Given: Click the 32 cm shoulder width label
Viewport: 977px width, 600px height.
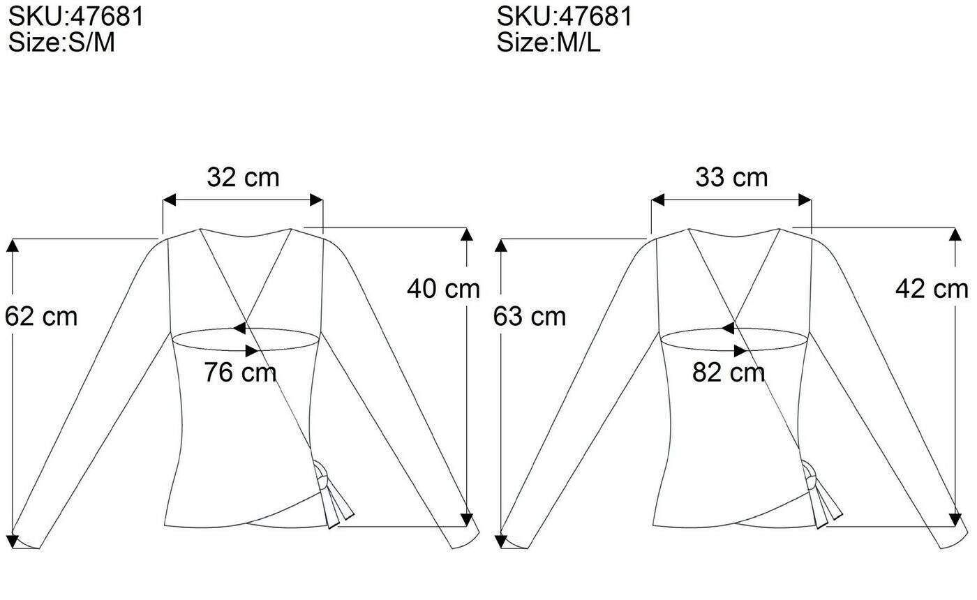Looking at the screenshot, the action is click(x=243, y=177).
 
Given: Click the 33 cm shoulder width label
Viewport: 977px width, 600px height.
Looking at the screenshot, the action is click(x=731, y=177).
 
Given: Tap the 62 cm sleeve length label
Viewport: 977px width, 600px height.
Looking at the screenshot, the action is click(x=41, y=317).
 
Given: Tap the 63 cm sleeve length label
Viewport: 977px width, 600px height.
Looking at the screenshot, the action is click(x=530, y=317).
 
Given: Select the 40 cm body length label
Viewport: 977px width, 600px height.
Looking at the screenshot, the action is click(x=443, y=289).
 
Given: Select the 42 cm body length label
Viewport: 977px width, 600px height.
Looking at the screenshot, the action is click(x=932, y=289).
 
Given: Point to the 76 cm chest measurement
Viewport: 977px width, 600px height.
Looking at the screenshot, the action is click(x=240, y=373).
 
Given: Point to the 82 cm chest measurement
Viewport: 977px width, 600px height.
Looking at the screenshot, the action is click(x=729, y=373).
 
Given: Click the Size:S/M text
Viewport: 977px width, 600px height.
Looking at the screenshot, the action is click(x=61, y=43).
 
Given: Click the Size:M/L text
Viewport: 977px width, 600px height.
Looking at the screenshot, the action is click(x=549, y=43).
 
